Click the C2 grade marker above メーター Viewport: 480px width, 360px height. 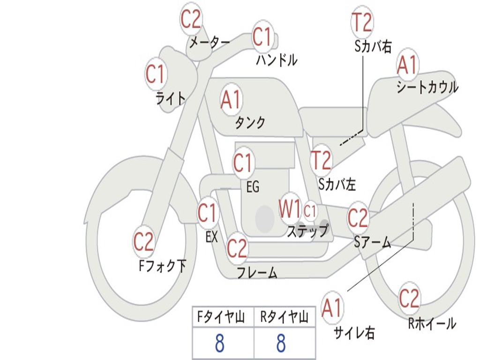click(191, 19)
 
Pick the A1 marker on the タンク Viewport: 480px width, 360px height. click(231, 100)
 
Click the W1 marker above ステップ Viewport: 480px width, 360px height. click(290, 209)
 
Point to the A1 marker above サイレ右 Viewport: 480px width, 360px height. click(332, 308)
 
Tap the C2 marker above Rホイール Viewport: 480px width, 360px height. click(409, 298)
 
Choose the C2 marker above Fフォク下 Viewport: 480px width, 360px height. click(143, 242)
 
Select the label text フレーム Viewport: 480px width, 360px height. click(257, 272)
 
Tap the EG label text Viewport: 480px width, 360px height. click(253, 187)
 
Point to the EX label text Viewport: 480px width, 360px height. click(211, 237)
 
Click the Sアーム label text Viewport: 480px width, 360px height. click(372, 242)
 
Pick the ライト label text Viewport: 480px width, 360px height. click(171, 98)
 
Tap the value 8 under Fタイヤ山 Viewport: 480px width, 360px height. click(219, 343)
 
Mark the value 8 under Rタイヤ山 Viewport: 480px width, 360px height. click(281, 343)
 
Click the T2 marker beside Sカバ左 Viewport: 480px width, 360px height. click(322, 160)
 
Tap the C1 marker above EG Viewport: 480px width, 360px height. click(243, 164)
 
